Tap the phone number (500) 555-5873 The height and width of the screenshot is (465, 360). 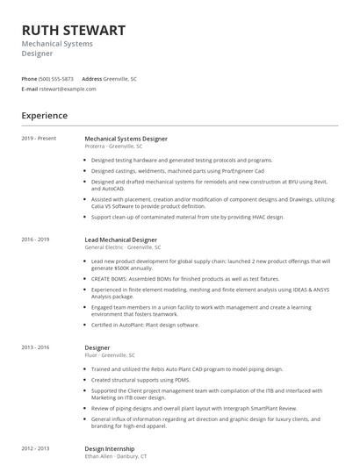[56, 79]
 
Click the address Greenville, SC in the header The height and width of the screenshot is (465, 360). [120, 79]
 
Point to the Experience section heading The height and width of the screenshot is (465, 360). [45, 115]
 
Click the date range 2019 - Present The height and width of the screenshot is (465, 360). [39, 139]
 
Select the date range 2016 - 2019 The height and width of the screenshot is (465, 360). [36, 240]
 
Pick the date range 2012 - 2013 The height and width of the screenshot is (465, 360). [36, 448]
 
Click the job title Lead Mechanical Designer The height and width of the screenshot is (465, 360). [120, 240]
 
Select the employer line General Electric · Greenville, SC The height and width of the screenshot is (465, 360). [123, 247]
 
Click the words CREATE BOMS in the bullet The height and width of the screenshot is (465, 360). [110, 278]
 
